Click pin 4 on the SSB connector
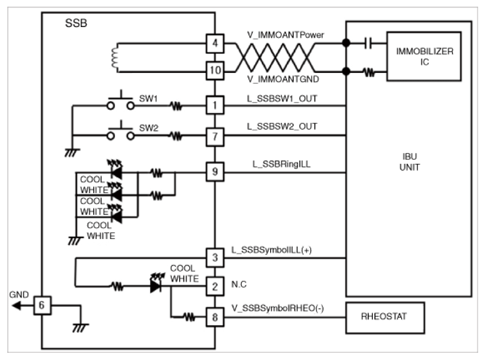click(x=215, y=43)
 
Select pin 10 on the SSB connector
click(x=215, y=71)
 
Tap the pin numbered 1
click(x=215, y=105)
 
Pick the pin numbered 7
click(x=215, y=136)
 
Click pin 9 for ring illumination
click(x=215, y=172)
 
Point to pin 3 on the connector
click(x=215, y=257)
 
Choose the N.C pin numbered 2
click(x=215, y=286)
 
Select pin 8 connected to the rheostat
click(x=215, y=317)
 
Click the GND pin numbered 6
click(x=42, y=305)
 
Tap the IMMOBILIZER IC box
click(x=424, y=56)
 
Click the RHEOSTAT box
click(x=385, y=318)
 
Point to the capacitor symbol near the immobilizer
click(x=368, y=43)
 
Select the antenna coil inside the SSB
click(x=114, y=58)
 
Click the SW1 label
click(x=148, y=98)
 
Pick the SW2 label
click(x=149, y=128)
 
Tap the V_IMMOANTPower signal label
click(x=285, y=35)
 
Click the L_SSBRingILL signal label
click(x=282, y=164)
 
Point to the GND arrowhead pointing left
click(x=16, y=306)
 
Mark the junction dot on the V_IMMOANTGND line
click(x=346, y=71)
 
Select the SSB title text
click(x=76, y=23)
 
